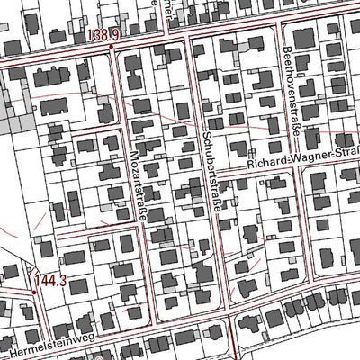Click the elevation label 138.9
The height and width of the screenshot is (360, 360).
[105, 35]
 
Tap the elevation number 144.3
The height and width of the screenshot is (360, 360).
[51, 282]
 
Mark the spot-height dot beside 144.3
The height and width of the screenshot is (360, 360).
[33, 291]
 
